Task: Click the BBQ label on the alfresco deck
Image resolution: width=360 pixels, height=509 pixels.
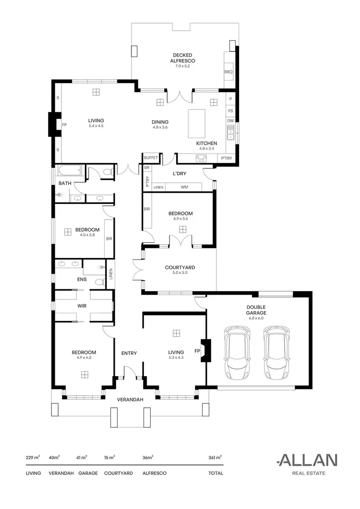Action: coord(228,72)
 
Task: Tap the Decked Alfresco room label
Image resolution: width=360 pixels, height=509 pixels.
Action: coord(183,58)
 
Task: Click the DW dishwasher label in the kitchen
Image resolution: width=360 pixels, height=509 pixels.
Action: coord(230,121)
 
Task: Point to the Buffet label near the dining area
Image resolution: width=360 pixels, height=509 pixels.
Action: coord(151,157)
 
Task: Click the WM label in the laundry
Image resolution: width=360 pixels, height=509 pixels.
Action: coord(184,187)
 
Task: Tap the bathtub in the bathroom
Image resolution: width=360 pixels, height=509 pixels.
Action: coord(70,171)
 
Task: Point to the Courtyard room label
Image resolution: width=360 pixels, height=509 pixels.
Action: coord(180,268)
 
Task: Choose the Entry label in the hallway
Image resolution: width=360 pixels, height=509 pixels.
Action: coord(129,353)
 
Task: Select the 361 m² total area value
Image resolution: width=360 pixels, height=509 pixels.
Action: coord(215,458)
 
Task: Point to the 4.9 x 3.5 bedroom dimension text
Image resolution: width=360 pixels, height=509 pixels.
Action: coord(180,219)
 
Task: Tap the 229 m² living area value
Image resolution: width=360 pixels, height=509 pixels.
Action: coord(33,458)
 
